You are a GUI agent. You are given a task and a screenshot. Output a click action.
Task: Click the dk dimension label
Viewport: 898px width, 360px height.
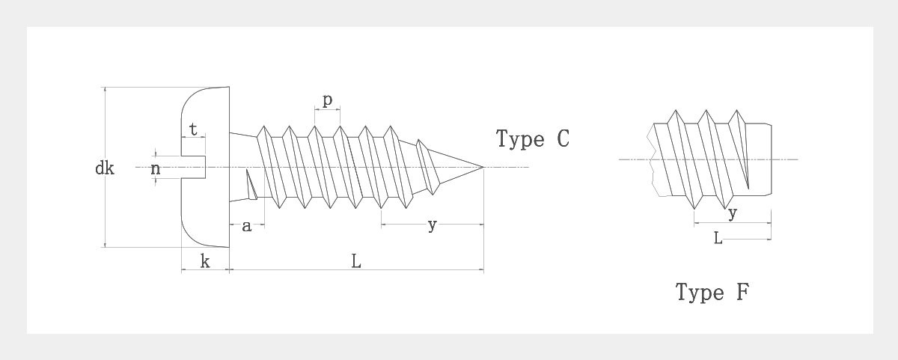[x=105, y=168]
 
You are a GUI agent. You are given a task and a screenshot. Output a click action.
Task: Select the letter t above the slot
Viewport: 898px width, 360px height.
[x=194, y=129]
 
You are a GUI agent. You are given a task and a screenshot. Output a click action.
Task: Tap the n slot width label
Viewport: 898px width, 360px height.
[x=156, y=168]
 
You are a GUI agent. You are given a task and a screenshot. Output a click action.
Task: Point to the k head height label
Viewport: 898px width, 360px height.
[x=204, y=261]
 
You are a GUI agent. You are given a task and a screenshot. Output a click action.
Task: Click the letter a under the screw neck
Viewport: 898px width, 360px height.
[x=246, y=226]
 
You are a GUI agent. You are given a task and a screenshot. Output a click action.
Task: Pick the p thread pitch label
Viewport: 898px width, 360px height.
[x=327, y=101]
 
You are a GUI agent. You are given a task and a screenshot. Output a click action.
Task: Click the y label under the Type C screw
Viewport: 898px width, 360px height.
[x=432, y=225]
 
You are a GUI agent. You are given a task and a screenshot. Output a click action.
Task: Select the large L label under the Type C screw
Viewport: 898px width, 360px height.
[x=356, y=261]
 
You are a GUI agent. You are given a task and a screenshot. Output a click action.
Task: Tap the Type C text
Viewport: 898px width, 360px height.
[x=533, y=139]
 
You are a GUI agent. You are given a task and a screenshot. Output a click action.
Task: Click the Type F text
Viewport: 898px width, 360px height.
[x=712, y=292]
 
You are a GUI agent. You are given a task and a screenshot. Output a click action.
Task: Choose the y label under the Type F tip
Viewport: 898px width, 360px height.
[x=733, y=213]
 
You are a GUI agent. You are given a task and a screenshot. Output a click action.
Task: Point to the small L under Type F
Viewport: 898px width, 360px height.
[x=718, y=238]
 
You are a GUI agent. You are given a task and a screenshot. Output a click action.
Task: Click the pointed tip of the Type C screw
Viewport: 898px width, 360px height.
[x=483, y=166]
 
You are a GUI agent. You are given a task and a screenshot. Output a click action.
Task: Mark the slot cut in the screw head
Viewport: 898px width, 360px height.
[x=194, y=166]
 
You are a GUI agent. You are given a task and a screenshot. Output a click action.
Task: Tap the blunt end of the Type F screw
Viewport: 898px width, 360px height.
[x=769, y=159]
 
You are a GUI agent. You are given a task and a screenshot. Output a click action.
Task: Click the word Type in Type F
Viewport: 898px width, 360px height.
[x=700, y=292]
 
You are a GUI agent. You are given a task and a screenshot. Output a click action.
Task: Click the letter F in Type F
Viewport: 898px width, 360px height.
[x=742, y=291]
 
